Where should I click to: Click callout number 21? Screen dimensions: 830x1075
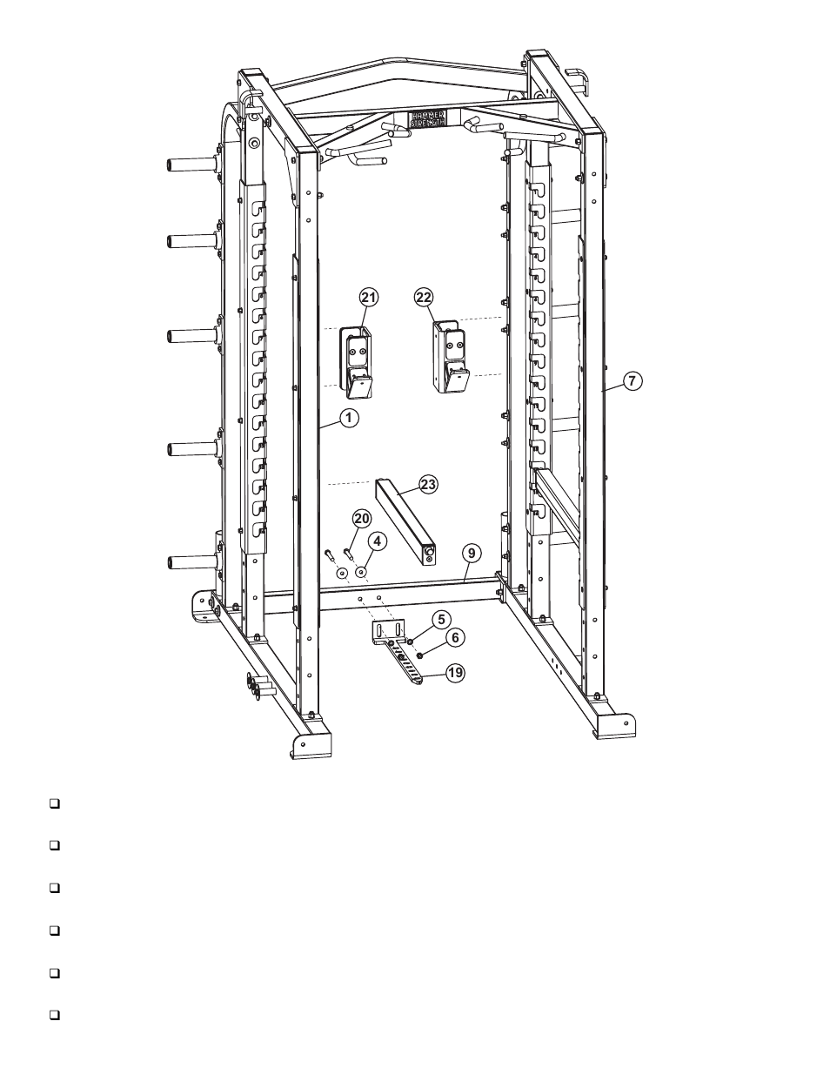tap(368, 298)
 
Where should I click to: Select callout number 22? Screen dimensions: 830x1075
tap(423, 298)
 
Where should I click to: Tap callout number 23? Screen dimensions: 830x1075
tap(428, 485)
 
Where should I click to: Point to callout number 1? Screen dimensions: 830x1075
tap(348, 418)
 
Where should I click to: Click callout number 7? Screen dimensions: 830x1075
tap(633, 380)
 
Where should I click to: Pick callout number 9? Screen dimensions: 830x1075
tap(470, 552)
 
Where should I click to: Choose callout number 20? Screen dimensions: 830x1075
tap(360, 519)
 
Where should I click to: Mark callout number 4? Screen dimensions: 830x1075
tap(375, 541)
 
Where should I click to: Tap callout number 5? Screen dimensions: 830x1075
tap(441, 619)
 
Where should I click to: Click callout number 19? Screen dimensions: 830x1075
tap(453, 672)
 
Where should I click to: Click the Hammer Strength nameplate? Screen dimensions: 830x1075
tap(427, 118)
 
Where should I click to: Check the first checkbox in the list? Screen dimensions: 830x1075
tap(54, 803)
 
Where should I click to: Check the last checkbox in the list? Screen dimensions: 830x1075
tap(54, 1015)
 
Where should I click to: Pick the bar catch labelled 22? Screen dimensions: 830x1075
tap(452, 357)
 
